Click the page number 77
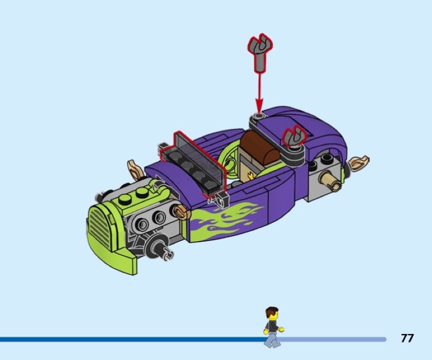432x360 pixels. click(x=407, y=338)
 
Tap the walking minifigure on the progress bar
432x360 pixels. click(x=273, y=328)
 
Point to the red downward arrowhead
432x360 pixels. click(x=259, y=106)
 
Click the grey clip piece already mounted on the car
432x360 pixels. click(x=295, y=138)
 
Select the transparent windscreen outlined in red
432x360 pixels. click(x=193, y=163)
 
